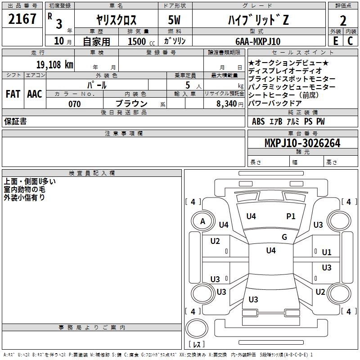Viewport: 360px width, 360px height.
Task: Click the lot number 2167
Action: (x=22, y=19)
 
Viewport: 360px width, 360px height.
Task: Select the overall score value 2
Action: (x=343, y=20)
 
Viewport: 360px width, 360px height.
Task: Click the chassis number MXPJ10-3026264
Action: (x=302, y=143)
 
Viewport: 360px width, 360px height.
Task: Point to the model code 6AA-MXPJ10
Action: (x=258, y=41)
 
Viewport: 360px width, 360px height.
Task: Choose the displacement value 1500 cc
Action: (x=137, y=41)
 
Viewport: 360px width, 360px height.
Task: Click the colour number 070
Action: (x=75, y=104)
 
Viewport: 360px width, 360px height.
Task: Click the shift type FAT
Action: (x=13, y=94)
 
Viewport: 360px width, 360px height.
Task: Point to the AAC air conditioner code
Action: (x=35, y=94)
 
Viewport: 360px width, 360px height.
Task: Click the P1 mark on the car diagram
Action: (x=291, y=216)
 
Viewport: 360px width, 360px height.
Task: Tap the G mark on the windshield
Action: (x=284, y=237)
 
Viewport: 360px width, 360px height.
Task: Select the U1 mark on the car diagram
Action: (x=327, y=252)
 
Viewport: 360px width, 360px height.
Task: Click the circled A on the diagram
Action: (x=202, y=221)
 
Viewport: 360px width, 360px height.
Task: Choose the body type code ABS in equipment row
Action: (x=258, y=121)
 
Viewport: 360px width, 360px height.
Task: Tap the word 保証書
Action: (x=15, y=121)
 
